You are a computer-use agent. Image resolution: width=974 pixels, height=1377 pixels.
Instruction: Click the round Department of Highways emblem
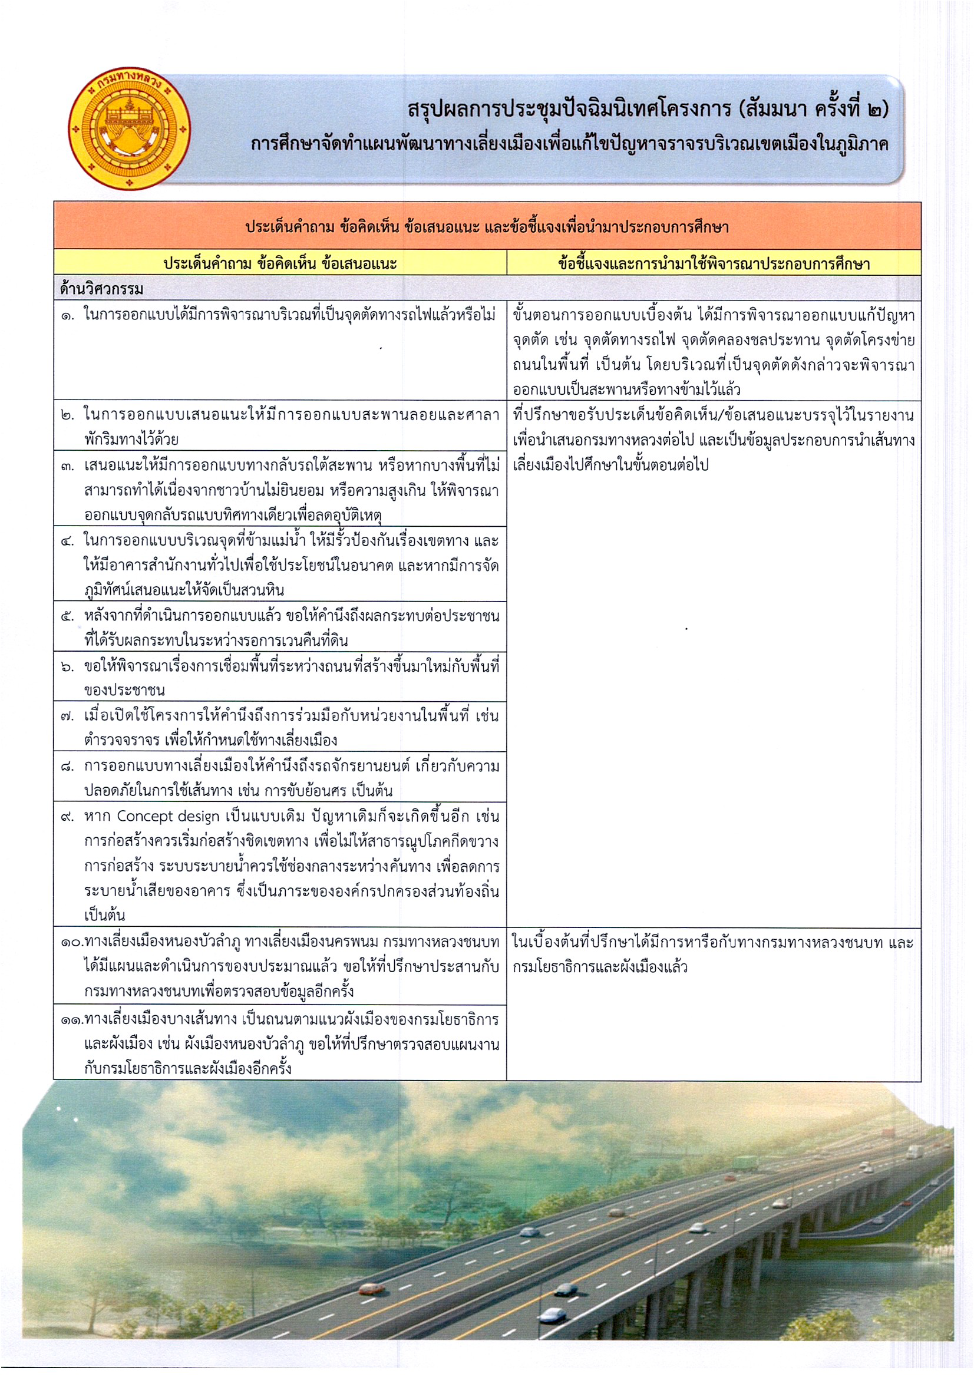tap(130, 128)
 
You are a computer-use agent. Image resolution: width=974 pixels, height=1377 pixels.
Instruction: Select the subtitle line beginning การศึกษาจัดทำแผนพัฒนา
tap(569, 145)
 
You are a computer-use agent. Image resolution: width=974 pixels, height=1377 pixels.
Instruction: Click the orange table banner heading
tap(486, 227)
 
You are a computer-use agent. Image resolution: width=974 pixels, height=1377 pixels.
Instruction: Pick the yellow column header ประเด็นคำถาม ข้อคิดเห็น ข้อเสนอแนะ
tap(280, 263)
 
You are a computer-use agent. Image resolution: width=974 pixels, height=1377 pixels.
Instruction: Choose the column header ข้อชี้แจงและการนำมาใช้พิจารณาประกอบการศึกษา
tap(713, 263)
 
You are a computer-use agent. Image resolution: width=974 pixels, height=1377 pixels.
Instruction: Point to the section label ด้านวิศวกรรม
tap(101, 289)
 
